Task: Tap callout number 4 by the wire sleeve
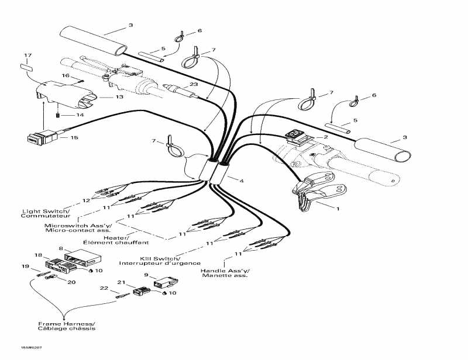pyautogui.click(x=241, y=181)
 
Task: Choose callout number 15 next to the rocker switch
pyautogui.click(x=74, y=139)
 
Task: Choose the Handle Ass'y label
pyautogui.click(x=224, y=271)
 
